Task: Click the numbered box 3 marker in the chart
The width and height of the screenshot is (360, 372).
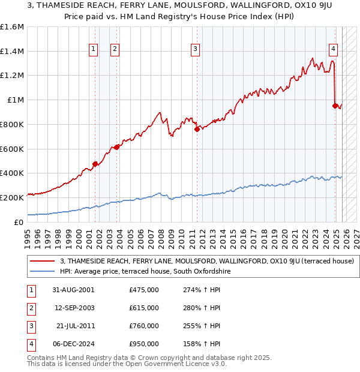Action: click(x=196, y=50)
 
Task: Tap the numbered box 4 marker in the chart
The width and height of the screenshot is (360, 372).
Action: click(x=333, y=50)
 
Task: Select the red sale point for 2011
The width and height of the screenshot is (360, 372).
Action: click(x=196, y=128)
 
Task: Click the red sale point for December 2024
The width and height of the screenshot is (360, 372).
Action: click(x=335, y=106)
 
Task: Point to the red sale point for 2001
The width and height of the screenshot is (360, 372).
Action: click(x=95, y=164)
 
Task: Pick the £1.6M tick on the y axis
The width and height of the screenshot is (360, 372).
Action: click(x=12, y=27)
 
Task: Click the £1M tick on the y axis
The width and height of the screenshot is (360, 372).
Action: click(x=15, y=100)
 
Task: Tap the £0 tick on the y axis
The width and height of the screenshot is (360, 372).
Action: click(x=19, y=222)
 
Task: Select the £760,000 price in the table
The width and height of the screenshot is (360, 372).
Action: click(x=143, y=326)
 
